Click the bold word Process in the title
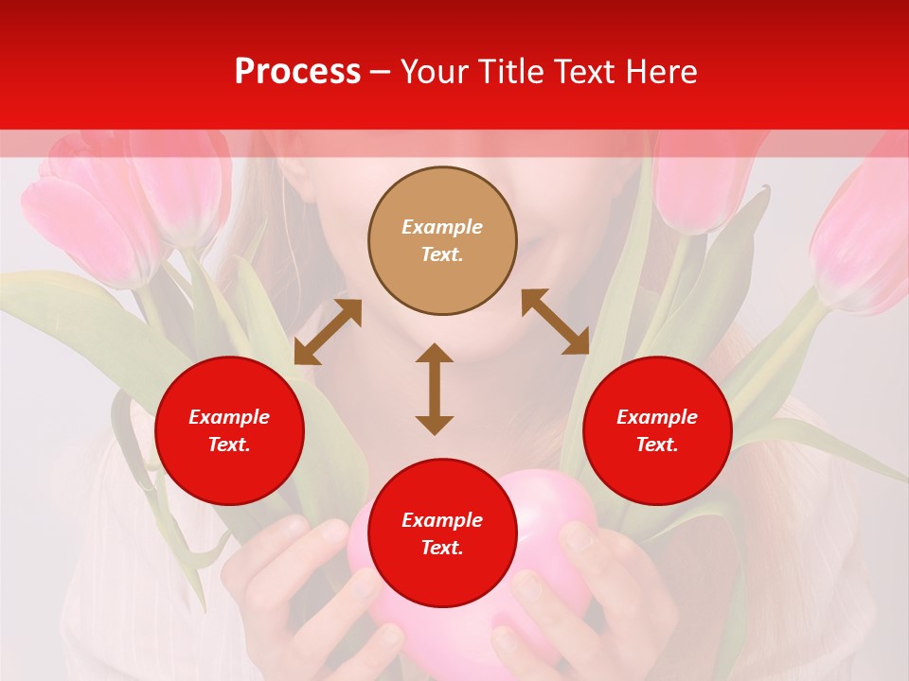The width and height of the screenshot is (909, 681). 297,72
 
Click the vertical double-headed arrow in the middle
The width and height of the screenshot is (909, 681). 435,389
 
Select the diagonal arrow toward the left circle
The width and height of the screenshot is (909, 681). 328,332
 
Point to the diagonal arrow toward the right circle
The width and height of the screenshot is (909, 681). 555,322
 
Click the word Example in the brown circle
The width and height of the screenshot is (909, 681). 442,227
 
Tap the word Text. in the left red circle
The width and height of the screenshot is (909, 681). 229,445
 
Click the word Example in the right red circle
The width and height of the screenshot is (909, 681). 657,417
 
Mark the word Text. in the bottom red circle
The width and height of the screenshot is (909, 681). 442,548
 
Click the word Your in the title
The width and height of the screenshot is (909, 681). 437,72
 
